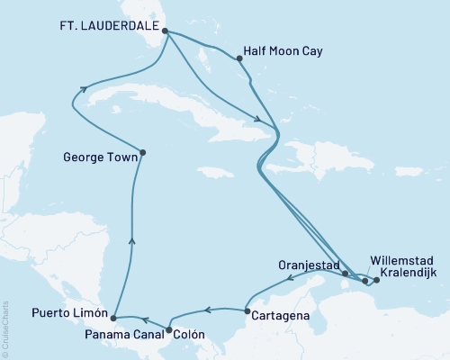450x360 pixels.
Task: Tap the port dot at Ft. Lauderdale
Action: pos(165,31)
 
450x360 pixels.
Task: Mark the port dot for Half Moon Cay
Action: pos(239,59)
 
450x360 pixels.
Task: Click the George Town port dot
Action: pos(143,152)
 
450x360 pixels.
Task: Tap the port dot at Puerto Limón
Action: pos(112,318)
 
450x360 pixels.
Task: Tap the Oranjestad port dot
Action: pos(345,272)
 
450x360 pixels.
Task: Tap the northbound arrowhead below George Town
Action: pos(133,238)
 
